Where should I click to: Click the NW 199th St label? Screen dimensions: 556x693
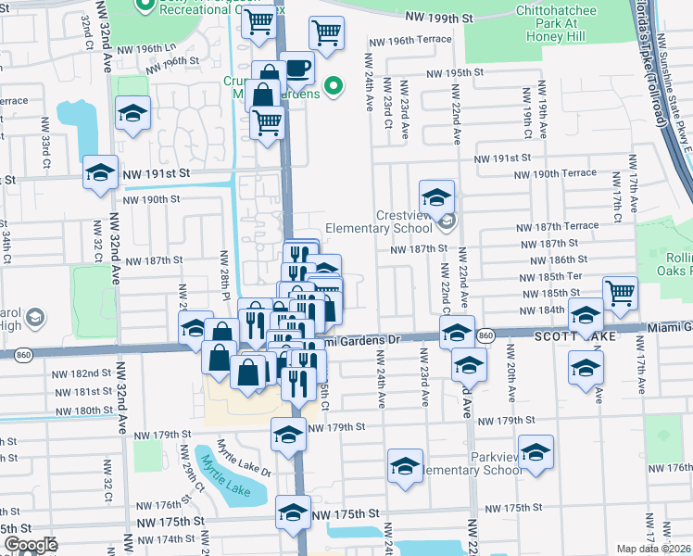coord(439,17)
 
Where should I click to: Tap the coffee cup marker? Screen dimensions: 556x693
coord(296,69)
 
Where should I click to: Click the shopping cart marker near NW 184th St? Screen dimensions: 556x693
coord(620,294)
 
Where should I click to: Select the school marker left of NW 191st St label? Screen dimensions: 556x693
coord(100,172)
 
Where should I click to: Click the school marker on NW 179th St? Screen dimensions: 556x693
coord(288,433)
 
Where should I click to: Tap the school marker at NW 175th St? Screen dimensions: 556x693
coord(294,512)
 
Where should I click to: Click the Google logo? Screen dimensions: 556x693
coord(31,545)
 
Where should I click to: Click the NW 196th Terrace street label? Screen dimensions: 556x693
coord(409,40)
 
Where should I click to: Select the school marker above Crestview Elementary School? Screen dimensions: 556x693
coord(436,196)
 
